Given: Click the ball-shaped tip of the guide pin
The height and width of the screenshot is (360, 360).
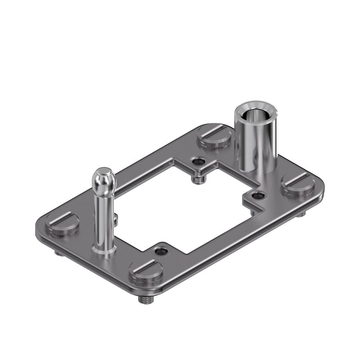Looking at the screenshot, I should [x=104, y=179].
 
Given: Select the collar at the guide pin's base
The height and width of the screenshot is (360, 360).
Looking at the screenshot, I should [x=104, y=248].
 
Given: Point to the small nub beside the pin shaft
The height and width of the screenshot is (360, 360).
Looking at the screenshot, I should [x=116, y=219].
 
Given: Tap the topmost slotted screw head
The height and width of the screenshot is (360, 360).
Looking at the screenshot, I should [x=215, y=135].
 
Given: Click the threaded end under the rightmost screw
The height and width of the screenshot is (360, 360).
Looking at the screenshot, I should [x=301, y=214].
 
